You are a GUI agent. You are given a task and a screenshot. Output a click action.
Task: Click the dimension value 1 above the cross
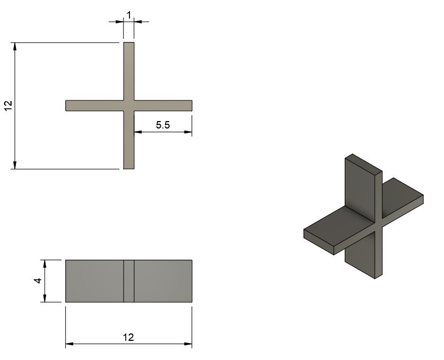click(129, 15)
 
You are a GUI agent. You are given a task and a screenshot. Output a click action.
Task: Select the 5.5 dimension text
click(163, 125)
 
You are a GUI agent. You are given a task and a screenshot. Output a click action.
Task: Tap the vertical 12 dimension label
click(8, 106)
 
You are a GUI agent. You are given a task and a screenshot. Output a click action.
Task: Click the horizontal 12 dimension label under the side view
click(128, 337)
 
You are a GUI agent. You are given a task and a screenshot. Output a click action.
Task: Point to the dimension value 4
click(38, 281)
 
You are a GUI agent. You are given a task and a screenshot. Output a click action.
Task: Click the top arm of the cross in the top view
click(129, 71)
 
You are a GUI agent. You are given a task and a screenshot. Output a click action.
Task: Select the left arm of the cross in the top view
click(94, 106)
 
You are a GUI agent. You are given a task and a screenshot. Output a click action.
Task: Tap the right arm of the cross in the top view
click(163, 106)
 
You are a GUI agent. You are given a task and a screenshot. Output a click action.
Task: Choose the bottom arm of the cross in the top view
click(129, 140)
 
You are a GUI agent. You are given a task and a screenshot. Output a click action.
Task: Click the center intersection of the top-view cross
click(129, 106)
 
